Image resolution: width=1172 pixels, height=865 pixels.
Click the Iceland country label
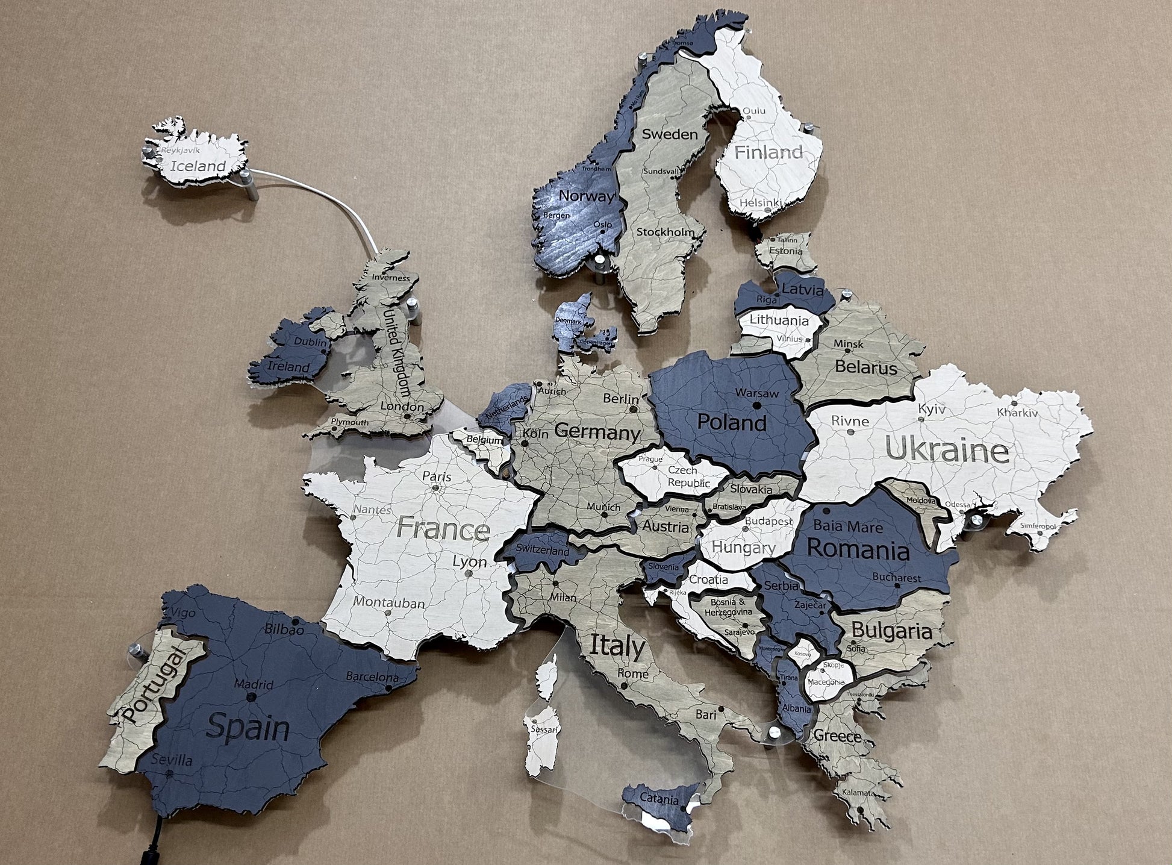point(198,166)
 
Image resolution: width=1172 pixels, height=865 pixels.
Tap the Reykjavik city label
point(180,151)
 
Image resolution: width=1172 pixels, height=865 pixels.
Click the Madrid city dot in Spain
point(251,698)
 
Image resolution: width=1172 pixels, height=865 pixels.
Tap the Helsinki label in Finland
point(760,203)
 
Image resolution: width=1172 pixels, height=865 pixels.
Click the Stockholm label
point(665,232)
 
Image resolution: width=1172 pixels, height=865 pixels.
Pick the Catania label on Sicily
point(659,801)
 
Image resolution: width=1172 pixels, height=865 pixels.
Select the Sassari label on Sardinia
point(544,729)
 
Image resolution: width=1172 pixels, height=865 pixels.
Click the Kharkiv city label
point(1017,413)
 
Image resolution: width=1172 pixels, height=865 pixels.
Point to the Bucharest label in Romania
point(897,578)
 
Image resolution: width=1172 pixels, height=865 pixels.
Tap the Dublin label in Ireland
point(310,342)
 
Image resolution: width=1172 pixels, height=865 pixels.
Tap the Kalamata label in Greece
point(856,793)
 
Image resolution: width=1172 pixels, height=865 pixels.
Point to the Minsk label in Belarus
point(849,344)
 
